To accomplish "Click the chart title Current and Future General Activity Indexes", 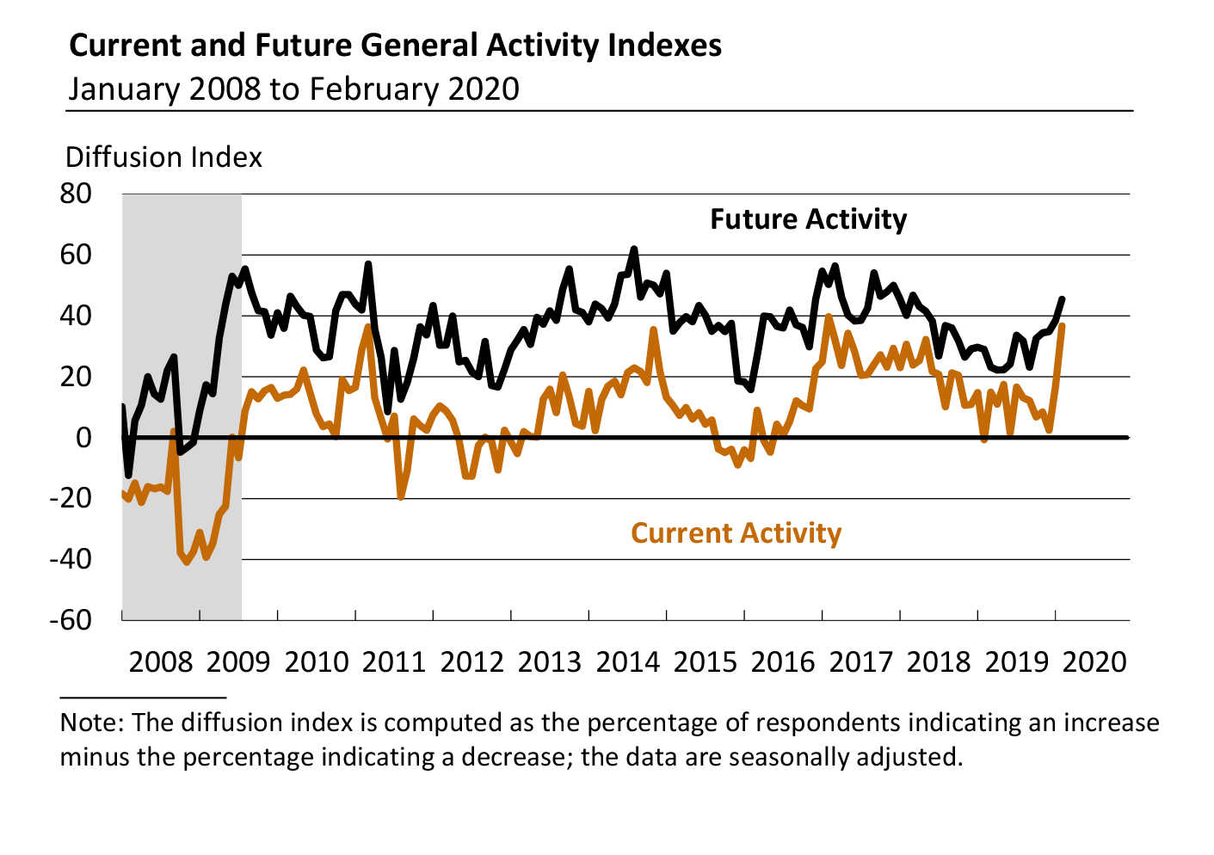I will [x=395, y=45].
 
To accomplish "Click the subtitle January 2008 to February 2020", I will [x=293, y=89].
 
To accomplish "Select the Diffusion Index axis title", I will [x=163, y=157].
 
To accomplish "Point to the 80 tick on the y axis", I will [x=76, y=194].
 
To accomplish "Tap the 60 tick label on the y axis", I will [x=76, y=255].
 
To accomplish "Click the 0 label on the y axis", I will [x=83, y=438].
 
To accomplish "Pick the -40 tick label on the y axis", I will [x=71, y=559].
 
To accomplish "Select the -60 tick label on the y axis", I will [x=71, y=619].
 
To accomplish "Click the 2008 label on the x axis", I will [x=161, y=662].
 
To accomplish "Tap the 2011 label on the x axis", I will [x=394, y=662].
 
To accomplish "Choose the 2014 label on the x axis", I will [x=628, y=662].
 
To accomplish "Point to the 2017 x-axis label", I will [x=861, y=662].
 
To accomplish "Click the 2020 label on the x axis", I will [x=1094, y=662].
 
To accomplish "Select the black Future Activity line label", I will [x=808, y=219].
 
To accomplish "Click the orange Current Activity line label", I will [x=736, y=533].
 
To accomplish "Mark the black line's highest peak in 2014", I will [x=634, y=249].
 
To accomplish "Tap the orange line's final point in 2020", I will [x=1063, y=326].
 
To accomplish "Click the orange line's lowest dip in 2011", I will [x=401, y=497].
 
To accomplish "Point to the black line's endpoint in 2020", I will [x=1063, y=299].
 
